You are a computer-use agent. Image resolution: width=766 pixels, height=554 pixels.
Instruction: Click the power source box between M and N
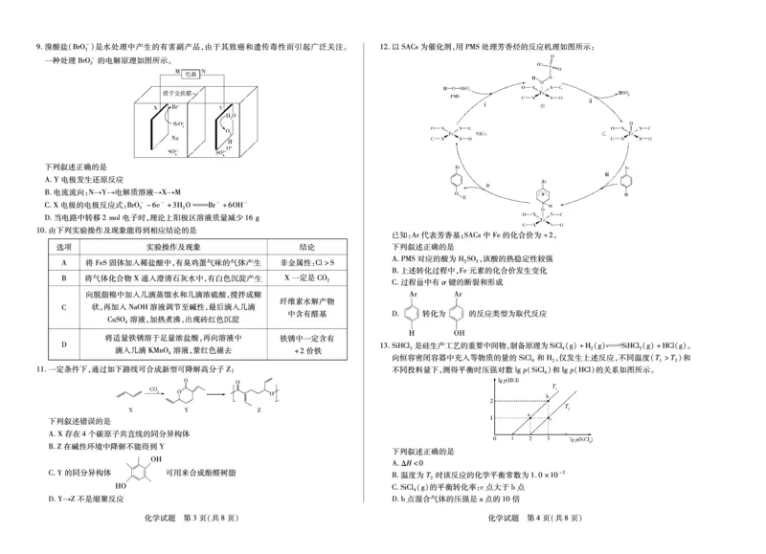(190, 74)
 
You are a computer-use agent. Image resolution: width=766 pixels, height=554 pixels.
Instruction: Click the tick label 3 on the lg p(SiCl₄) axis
(549, 442)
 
